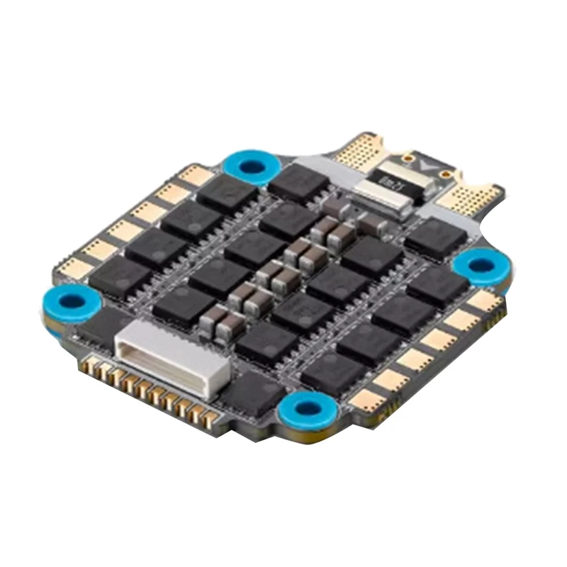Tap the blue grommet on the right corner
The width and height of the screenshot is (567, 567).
[482, 266]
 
